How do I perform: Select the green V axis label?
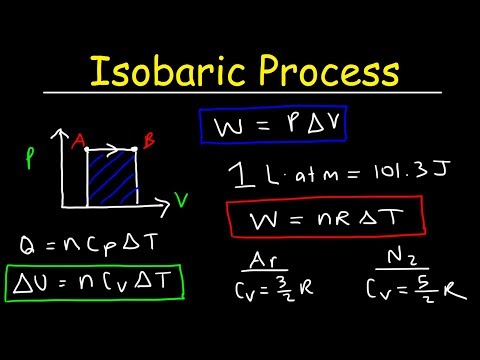coord(181,199)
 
